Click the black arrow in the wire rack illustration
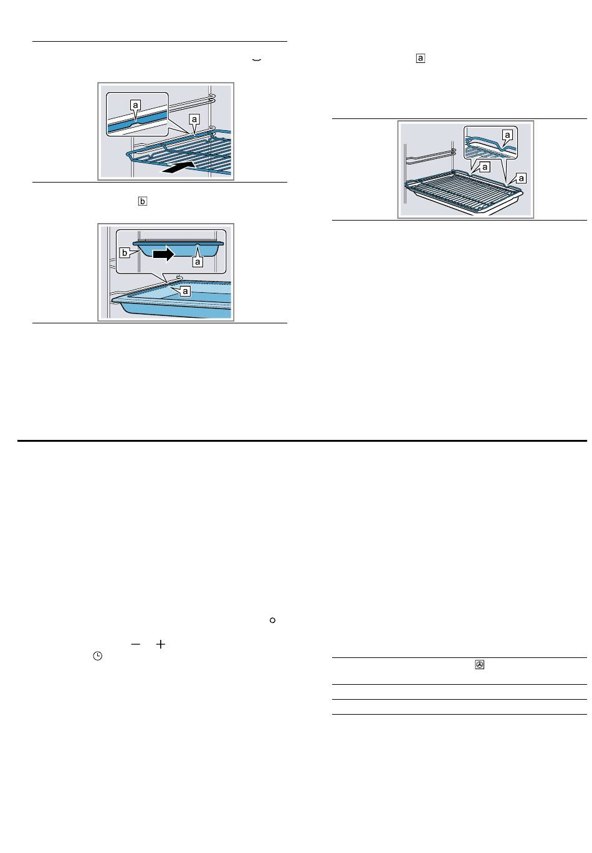pos(178,167)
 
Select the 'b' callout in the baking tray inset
pos(124,252)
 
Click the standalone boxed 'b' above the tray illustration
pos(142,201)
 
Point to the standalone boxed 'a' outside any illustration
pos(420,58)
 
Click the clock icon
pos(97,655)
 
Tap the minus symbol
pos(136,644)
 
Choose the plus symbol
pos(160,644)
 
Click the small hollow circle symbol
pos(272,621)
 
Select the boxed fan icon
pos(480,665)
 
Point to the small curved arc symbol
pos(256,60)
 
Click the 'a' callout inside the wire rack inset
pos(135,105)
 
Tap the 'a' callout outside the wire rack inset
pos(194,119)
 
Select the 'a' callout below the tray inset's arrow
pos(198,262)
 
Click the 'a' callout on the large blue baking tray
pos(185,292)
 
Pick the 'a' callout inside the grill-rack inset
pos(507,135)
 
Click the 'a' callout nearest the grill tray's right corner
pos(521,178)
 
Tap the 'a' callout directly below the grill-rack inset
pos(485,167)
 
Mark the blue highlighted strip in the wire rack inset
pos(137,123)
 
